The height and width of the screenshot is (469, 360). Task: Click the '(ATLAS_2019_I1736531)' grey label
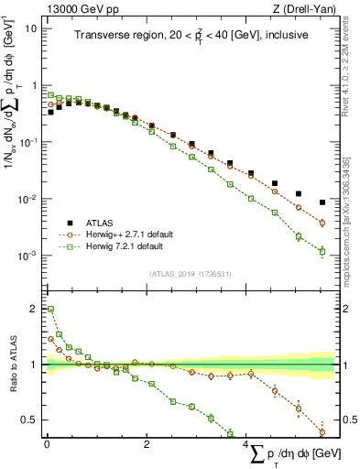pos(190,273)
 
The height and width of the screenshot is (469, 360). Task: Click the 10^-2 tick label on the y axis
pos(28,200)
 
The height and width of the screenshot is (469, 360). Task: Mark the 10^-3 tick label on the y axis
pos(28,256)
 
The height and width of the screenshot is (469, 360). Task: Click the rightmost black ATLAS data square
pos(322,202)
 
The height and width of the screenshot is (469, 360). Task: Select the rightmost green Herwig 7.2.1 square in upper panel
pos(322,251)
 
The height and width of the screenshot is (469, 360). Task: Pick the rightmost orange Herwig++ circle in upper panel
pos(322,223)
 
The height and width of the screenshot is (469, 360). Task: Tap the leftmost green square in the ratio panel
pos(50,310)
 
